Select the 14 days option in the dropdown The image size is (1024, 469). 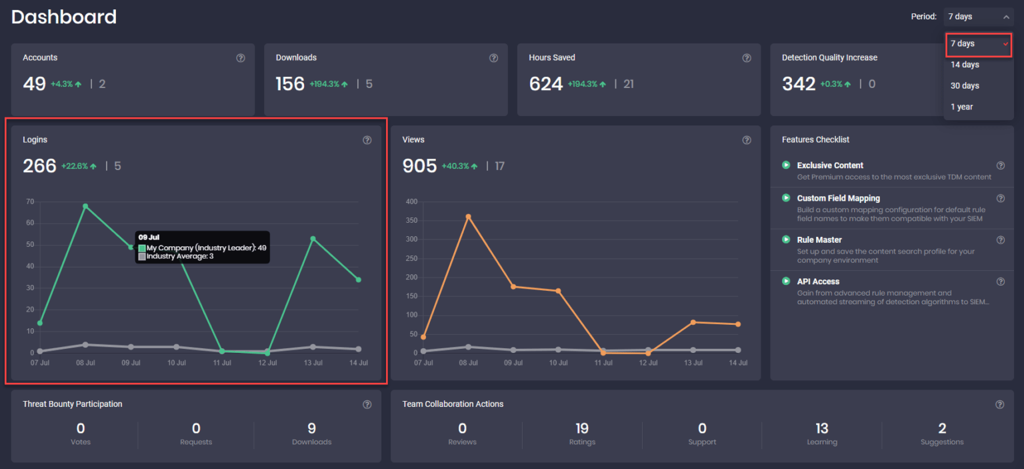tap(965, 65)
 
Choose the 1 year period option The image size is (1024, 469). tap(961, 107)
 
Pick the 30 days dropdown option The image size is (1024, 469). tap(965, 85)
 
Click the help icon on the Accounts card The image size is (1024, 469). tap(241, 58)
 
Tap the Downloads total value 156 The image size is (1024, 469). tap(290, 84)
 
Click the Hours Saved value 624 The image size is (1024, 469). tap(545, 84)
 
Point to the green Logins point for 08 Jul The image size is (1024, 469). tap(85, 206)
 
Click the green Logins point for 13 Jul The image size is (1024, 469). tap(313, 239)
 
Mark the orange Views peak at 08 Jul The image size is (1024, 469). tap(468, 216)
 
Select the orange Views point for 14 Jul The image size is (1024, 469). tap(738, 324)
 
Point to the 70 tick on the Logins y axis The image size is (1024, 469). tap(30, 201)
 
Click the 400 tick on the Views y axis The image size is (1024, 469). tap(411, 201)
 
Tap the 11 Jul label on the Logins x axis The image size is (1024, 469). tap(222, 363)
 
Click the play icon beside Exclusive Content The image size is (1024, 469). tap(786, 165)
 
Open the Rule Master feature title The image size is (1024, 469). tap(819, 240)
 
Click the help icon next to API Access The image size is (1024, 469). tap(1000, 282)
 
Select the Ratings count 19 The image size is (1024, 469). tap(582, 428)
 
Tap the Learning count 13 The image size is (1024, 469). tap(821, 428)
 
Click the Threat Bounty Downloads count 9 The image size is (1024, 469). tap(311, 428)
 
